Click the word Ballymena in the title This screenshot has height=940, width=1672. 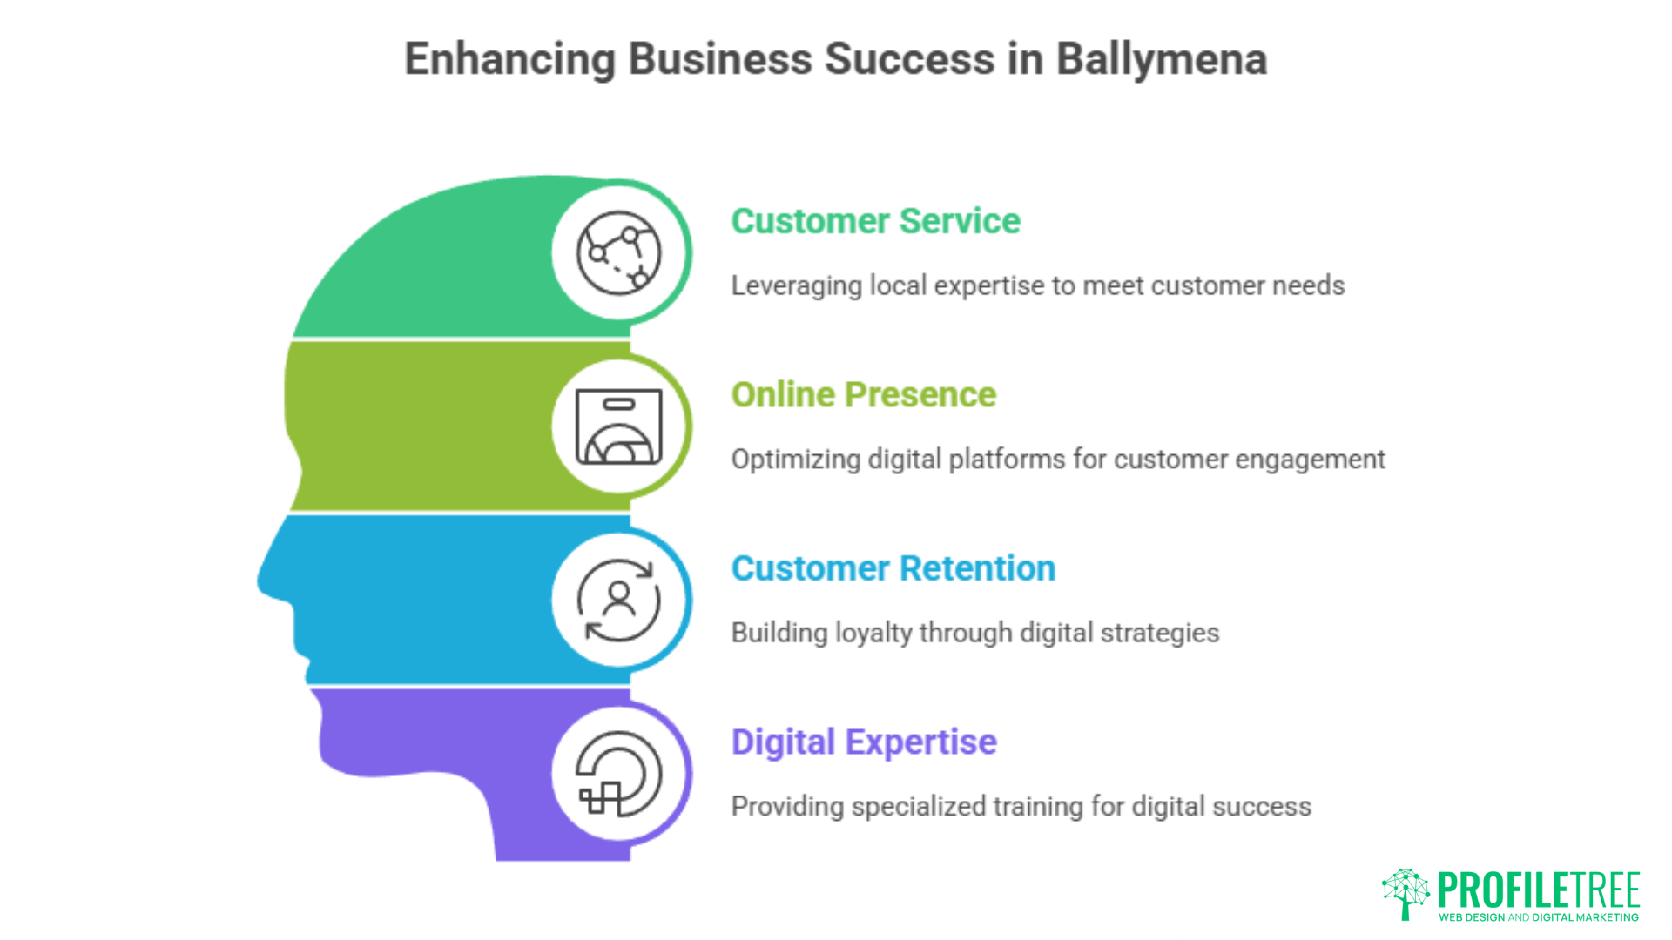(1161, 60)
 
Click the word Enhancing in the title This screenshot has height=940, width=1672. (510, 60)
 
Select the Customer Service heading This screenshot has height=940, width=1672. (875, 221)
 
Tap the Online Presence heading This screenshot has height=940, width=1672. (863, 395)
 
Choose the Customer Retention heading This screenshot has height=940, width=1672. (893, 568)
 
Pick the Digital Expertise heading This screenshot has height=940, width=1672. (864, 742)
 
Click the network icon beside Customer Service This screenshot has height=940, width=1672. (619, 253)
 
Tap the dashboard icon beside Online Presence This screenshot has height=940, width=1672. (619, 426)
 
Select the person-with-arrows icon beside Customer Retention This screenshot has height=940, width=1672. (619, 600)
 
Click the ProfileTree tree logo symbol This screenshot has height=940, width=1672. (1406, 893)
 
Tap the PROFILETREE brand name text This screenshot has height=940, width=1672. (1539, 890)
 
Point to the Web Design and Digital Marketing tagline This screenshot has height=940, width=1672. (1539, 917)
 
